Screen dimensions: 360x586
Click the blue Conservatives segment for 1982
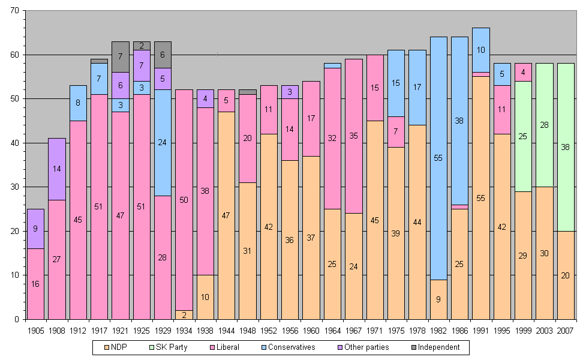click(x=438, y=158)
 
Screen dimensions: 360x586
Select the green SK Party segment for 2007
click(x=566, y=147)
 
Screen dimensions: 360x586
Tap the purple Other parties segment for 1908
click(x=57, y=169)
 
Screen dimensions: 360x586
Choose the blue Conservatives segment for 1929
click(x=163, y=143)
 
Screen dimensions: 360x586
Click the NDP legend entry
click(x=116, y=347)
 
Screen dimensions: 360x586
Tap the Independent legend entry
click(x=435, y=347)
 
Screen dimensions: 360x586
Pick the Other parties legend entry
click(x=364, y=347)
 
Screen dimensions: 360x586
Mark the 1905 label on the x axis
click(x=35, y=331)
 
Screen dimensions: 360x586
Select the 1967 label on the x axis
click(x=353, y=331)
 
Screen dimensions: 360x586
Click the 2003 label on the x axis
click(x=545, y=331)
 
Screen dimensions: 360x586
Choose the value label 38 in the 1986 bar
click(x=460, y=121)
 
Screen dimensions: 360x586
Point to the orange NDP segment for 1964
click(x=332, y=264)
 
